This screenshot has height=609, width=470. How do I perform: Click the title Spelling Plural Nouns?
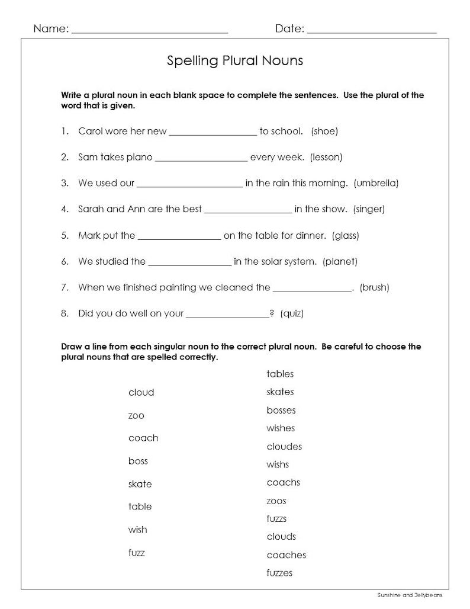pyautogui.click(x=235, y=60)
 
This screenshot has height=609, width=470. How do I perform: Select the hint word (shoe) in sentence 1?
pyautogui.click(x=324, y=131)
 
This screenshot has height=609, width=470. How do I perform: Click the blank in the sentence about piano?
pyautogui.click(x=201, y=159)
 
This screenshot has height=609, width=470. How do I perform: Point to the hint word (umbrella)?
pyautogui.click(x=376, y=183)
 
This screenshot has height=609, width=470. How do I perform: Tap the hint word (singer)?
pyautogui.click(x=369, y=209)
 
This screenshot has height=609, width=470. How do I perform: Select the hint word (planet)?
pyautogui.click(x=340, y=261)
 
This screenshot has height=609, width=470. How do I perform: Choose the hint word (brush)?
pyautogui.click(x=375, y=287)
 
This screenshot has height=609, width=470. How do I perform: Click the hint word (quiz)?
pyautogui.click(x=292, y=313)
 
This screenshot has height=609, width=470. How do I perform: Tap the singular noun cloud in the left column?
pyautogui.click(x=141, y=392)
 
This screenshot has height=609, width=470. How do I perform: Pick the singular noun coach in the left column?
pyautogui.click(x=143, y=438)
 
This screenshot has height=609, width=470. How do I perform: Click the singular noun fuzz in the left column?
pyautogui.click(x=137, y=553)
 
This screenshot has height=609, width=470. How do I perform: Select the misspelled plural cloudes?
pyautogui.click(x=284, y=447)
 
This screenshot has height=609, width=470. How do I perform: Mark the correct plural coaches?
pyautogui.click(x=286, y=555)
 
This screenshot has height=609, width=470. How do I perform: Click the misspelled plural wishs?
pyautogui.click(x=278, y=464)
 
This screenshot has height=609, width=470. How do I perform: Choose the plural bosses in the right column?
pyautogui.click(x=281, y=410)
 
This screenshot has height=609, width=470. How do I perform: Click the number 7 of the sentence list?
pyautogui.click(x=64, y=287)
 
